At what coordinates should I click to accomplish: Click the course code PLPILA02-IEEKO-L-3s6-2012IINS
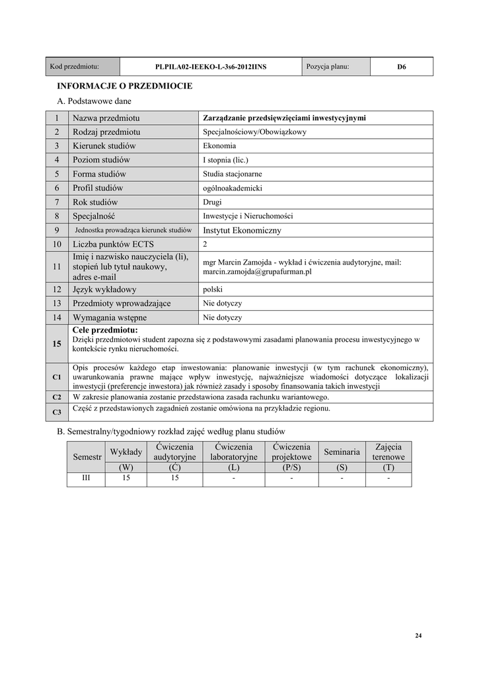pyautogui.click(x=211, y=67)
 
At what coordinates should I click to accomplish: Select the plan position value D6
pyautogui.click(x=401, y=67)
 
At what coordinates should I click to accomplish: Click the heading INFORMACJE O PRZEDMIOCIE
pyautogui.click(x=125, y=86)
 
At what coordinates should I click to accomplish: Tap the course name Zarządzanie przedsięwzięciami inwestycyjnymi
pyautogui.click(x=284, y=118)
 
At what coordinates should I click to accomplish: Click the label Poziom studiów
pyautogui.click(x=102, y=160)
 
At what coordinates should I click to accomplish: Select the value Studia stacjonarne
pyautogui.click(x=233, y=174)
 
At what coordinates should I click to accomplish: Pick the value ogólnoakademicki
pyautogui.click(x=233, y=188)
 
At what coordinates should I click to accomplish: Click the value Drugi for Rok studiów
pyautogui.click(x=213, y=202)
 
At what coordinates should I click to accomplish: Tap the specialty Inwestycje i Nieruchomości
pyautogui.click(x=248, y=216)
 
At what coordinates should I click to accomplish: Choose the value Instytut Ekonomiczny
pyautogui.click(x=242, y=231)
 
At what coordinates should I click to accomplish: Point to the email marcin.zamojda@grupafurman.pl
pyautogui.click(x=257, y=272)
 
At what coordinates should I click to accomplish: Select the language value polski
pyautogui.click(x=213, y=290)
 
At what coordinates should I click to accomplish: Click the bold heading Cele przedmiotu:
pyautogui.click(x=105, y=330)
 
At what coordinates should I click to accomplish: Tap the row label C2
pyautogui.click(x=57, y=397)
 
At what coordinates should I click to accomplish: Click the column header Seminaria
pyautogui.click(x=342, y=452)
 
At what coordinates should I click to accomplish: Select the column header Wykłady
pyautogui.click(x=126, y=452)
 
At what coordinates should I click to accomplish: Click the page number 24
pyautogui.click(x=418, y=636)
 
